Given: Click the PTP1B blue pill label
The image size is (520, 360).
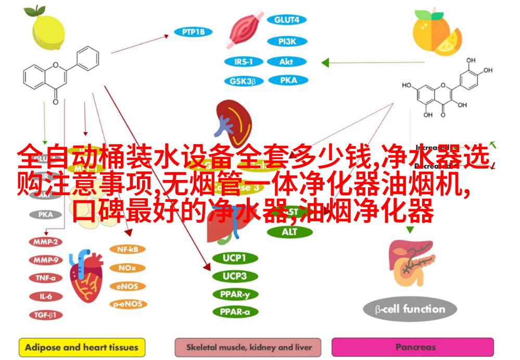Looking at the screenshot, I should [x=193, y=32].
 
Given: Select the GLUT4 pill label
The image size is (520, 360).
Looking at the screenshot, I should [x=286, y=20].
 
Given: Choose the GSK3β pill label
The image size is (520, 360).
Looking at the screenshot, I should [x=243, y=81].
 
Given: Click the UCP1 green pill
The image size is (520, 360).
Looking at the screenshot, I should [x=234, y=258].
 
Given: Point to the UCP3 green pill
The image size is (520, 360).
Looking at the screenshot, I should [x=234, y=276].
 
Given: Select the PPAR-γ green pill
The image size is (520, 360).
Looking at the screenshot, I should [x=234, y=294].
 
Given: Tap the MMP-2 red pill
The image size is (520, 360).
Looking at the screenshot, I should [x=46, y=242].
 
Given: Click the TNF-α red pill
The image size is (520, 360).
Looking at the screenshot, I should [x=46, y=278].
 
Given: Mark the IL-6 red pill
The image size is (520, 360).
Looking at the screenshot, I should [x=46, y=296].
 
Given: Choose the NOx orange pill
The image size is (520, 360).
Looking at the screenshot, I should [x=127, y=268].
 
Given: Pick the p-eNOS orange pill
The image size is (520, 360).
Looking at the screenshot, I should [x=127, y=304].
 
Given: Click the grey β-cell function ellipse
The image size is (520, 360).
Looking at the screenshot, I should [x=410, y=310].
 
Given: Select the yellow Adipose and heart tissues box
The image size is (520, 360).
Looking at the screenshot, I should [x=82, y=347].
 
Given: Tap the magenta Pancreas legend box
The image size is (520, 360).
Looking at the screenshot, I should [x=412, y=347].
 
